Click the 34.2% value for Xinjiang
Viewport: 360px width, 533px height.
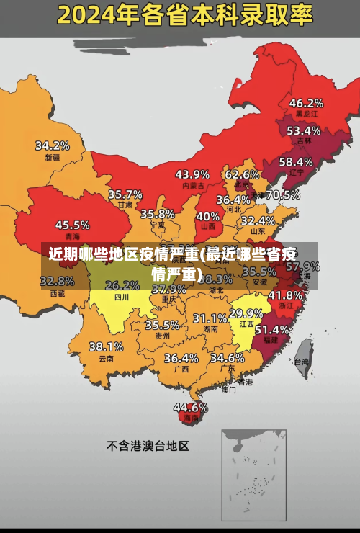point(53,145)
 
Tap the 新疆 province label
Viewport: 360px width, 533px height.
point(53,157)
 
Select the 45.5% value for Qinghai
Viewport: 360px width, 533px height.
point(73,225)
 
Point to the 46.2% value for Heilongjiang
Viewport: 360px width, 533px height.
point(306,102)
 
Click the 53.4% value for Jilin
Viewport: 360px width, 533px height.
point(303,131)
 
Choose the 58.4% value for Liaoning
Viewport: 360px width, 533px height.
point(296,162)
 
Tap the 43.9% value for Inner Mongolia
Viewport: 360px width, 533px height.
point(192,174)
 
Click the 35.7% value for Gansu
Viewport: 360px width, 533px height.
point(125,194)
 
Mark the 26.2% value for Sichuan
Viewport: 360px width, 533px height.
point(122,285)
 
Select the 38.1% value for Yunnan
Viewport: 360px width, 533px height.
point(106,346)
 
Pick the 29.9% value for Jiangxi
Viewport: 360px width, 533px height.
point(246,313)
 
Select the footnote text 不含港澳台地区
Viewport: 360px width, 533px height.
point(148,446)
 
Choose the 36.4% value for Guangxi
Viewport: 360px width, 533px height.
point(181,357)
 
